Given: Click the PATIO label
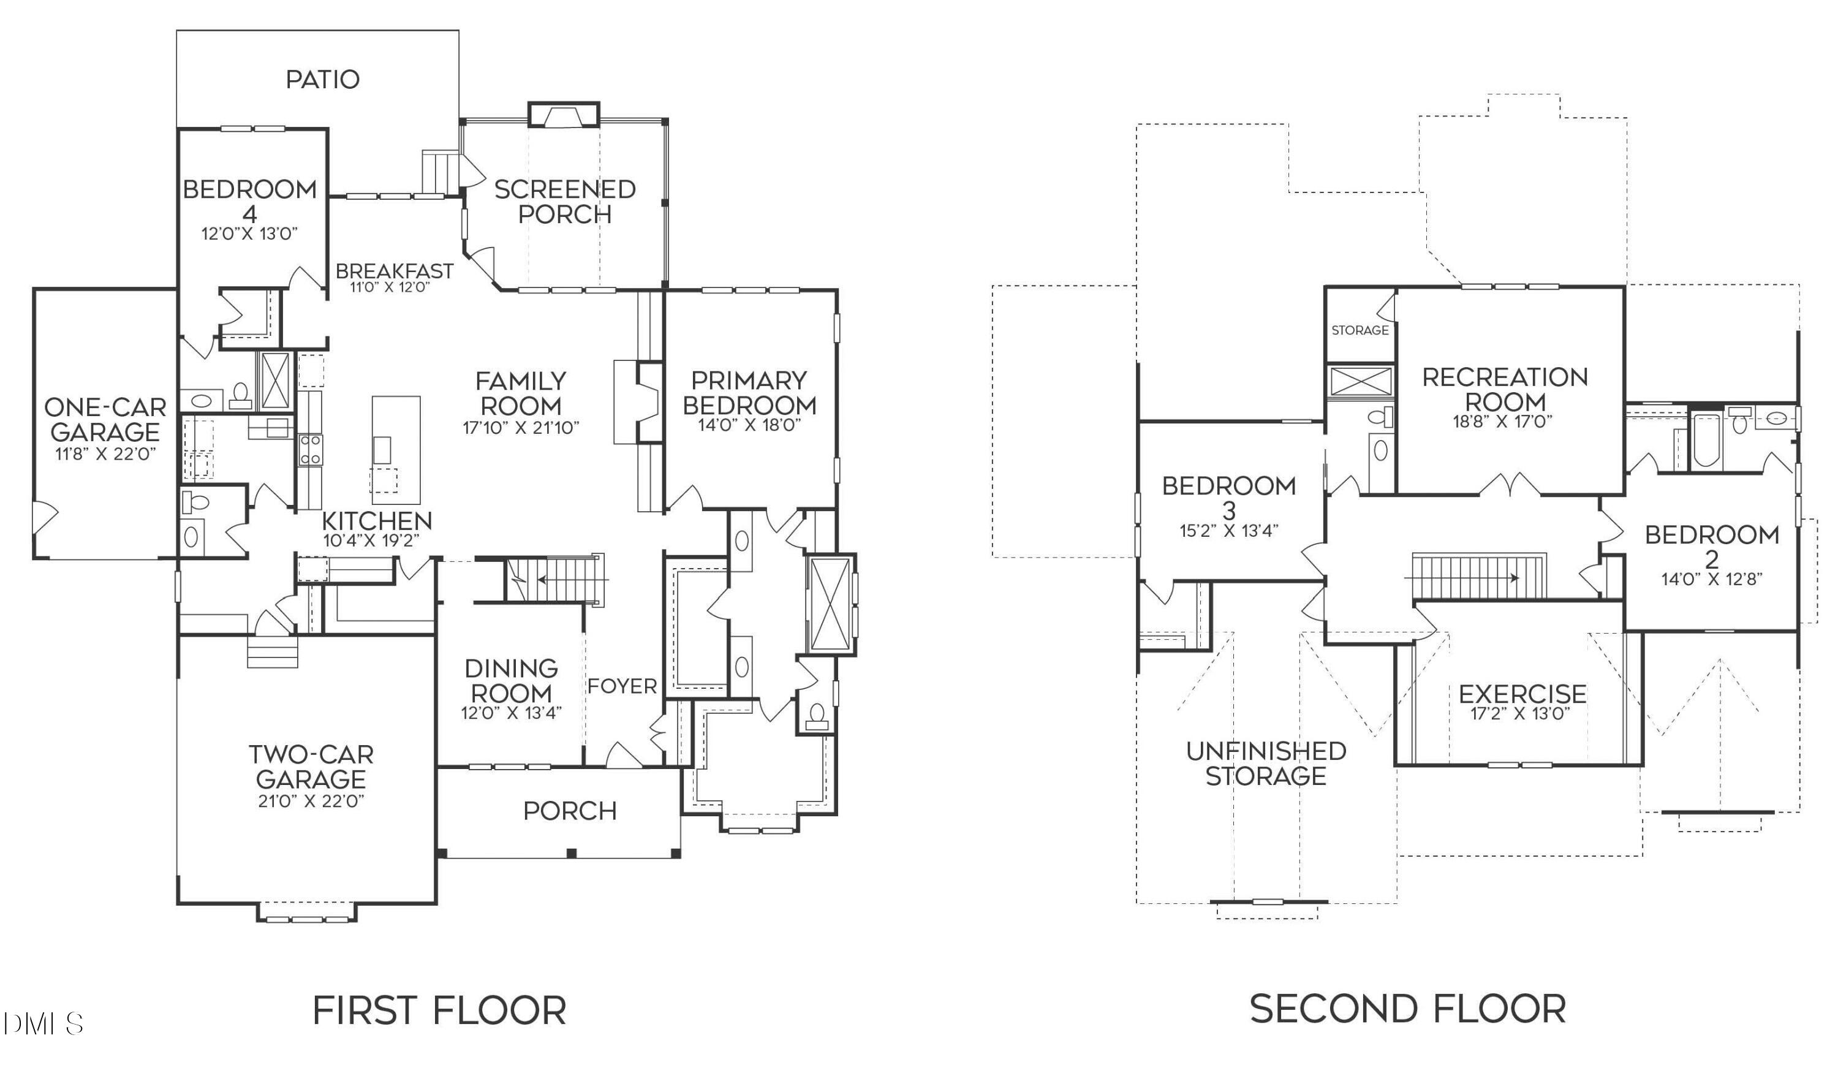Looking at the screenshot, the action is pyautogui.click(x=322, y=80).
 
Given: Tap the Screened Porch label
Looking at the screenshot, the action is pyautogui.click(x=564, y=202).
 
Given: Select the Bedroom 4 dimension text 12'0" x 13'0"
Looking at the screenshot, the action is pyautogui.click(x=250, y=234).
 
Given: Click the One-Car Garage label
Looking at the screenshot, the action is pyautogui.click(x=105, y=419).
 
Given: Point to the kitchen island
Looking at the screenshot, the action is pyautogui.click(x=396, y=450).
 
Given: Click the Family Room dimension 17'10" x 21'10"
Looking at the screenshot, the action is pyautogui.click(x=521, y=428).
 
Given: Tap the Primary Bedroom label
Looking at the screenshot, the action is pyautogui.click(x=749, y=392).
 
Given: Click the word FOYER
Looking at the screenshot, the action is pyautogui.click(x=622, y=686).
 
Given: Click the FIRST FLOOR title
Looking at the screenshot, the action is pyautogui.click(x=439, y=1011).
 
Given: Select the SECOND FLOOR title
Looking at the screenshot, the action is pyautogui.click(x=1408, y=1009).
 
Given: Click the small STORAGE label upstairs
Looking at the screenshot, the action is pyautogui.click(x=1360, y=330).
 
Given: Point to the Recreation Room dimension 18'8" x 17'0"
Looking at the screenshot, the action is pyautogui.click(x=1502, y=422).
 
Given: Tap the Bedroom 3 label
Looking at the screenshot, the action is pyautogui.click(x=1229, y=498).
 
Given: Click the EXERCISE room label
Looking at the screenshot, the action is pyautogui.click(x=1523, y=694).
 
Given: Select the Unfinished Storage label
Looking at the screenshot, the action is pyautogui.click(x=1266, y=764).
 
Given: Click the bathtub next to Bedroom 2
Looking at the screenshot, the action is pyautogui.click(x=1706, y=441).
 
